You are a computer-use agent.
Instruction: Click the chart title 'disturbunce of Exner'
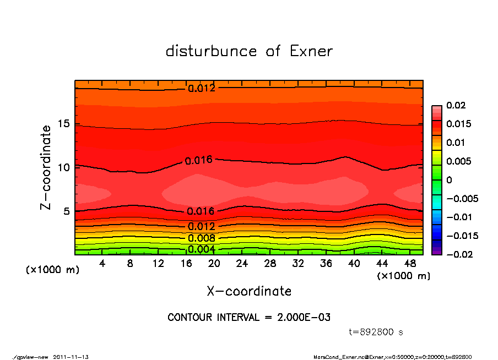[249, 51]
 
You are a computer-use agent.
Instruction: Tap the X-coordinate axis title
[249, 291]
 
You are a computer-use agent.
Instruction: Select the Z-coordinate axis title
[46, 167]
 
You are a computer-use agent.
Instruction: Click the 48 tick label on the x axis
[410, 264]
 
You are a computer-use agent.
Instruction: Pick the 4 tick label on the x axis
[102, 264]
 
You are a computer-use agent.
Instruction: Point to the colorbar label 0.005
[457, 161]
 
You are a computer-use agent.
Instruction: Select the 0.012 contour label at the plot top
[201, 88]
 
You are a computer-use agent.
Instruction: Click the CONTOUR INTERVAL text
[249, 318]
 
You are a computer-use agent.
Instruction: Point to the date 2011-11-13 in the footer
[71, 357]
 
